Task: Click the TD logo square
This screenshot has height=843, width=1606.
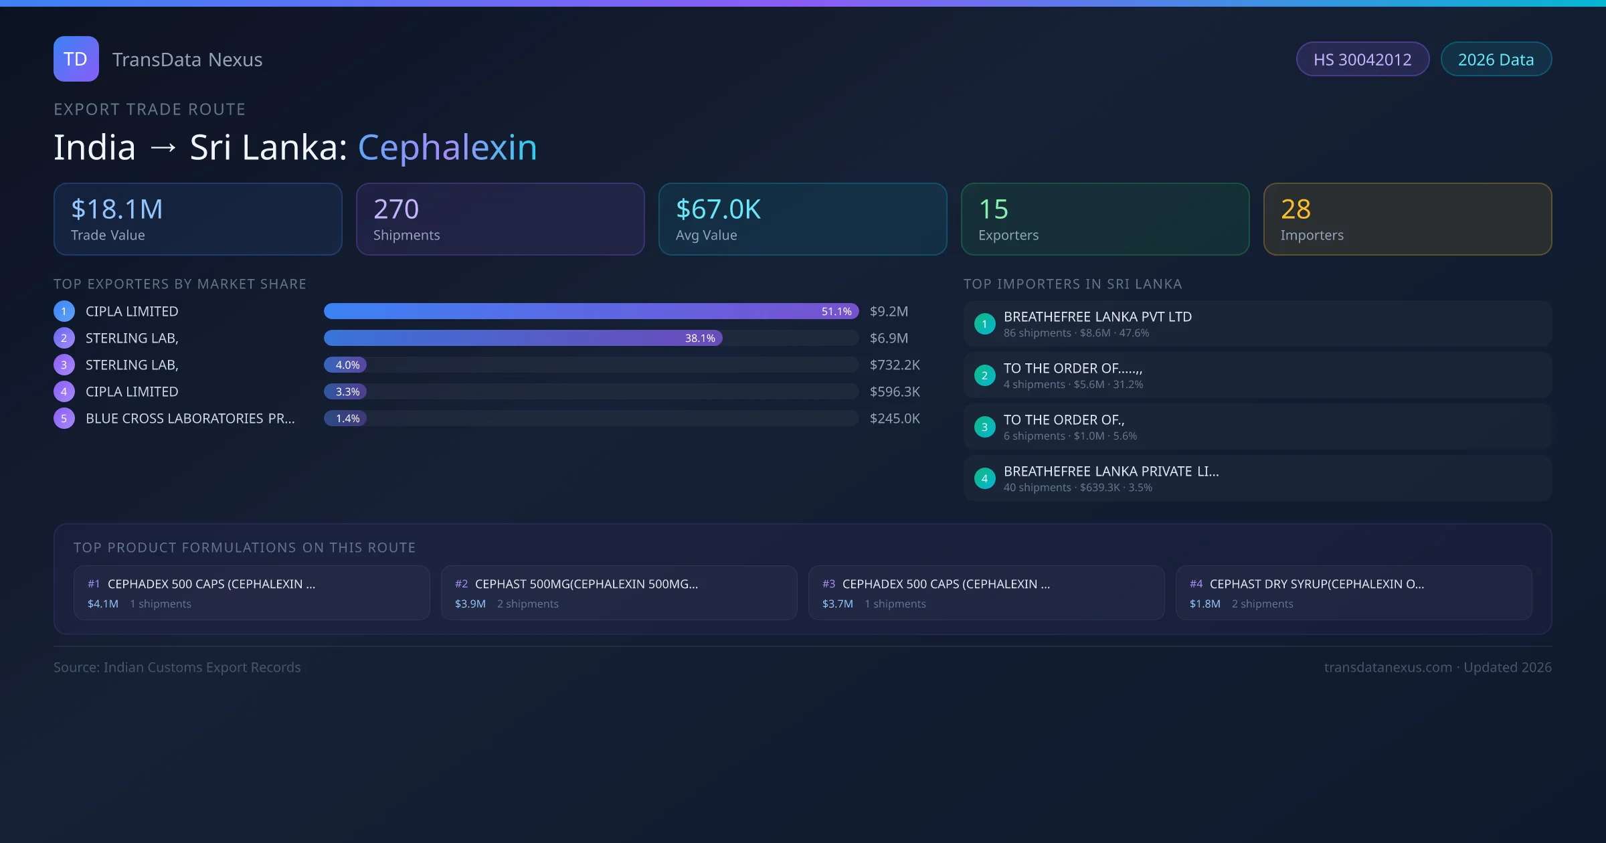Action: [x=76, y=59]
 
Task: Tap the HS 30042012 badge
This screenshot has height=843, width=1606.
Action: [x=1362, y=60]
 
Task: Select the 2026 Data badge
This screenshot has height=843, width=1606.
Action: [x=1496, y=60]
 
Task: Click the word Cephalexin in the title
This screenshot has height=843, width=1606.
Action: [x=447, y=147]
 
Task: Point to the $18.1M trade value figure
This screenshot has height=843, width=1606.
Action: [x=117, y=209]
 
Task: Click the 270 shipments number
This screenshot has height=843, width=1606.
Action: [x=396, y=209]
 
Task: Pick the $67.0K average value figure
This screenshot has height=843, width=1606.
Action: [x=718, y=209]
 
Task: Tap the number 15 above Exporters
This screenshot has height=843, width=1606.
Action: [x=993, y=209]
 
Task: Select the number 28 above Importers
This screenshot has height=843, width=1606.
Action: [x=1296, y=209]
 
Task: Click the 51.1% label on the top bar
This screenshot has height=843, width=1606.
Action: [x=836, y=312]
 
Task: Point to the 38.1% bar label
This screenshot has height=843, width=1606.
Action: [x=700, y=339]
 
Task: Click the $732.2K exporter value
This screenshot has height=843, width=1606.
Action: [x=895, y=365]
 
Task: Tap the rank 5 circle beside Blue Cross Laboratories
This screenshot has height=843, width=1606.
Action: [x=64, y=419]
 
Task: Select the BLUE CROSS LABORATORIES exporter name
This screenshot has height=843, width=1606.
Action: [x=190, y=419]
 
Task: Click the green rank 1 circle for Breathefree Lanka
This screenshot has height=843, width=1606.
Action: [x=984, y=324]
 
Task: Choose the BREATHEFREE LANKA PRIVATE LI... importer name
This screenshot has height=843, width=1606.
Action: [x=1111, y=472]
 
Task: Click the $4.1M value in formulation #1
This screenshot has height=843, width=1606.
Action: [x=103, y=604]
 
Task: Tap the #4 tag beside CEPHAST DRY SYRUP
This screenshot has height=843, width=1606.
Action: [x=1196, y=584]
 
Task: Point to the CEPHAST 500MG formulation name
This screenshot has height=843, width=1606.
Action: [x=586, y=584]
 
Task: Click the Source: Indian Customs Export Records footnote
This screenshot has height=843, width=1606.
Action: [x=177, y=668]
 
